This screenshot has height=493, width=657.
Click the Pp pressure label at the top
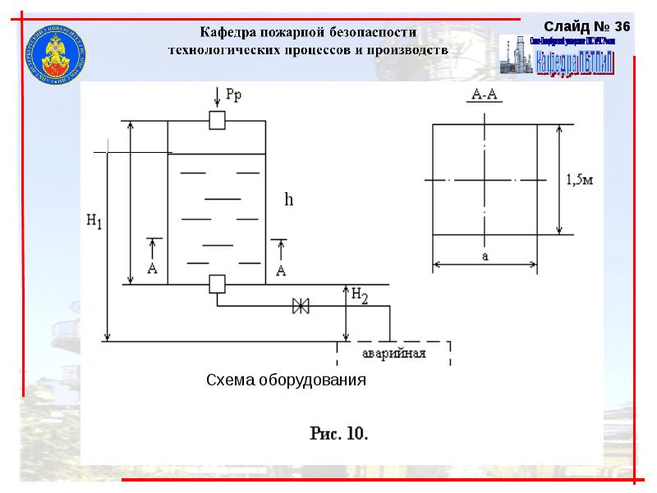pos(234,94)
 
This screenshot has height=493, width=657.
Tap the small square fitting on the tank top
pos(217,120)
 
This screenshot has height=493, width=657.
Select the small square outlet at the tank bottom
pos(217,284)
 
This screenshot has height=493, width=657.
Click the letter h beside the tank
pos(288,200)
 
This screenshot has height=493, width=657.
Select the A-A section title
pos(485,94)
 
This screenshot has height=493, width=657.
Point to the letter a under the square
pos(485,256)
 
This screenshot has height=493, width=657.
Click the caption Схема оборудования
pos(286,380)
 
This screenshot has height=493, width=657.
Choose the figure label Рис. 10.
pos(338,432)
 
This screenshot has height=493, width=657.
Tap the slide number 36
pos(622,27)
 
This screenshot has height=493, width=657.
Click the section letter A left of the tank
pos(152,269)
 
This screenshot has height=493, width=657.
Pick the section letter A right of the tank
pos(281,270)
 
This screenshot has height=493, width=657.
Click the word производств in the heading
pos(407,49)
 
